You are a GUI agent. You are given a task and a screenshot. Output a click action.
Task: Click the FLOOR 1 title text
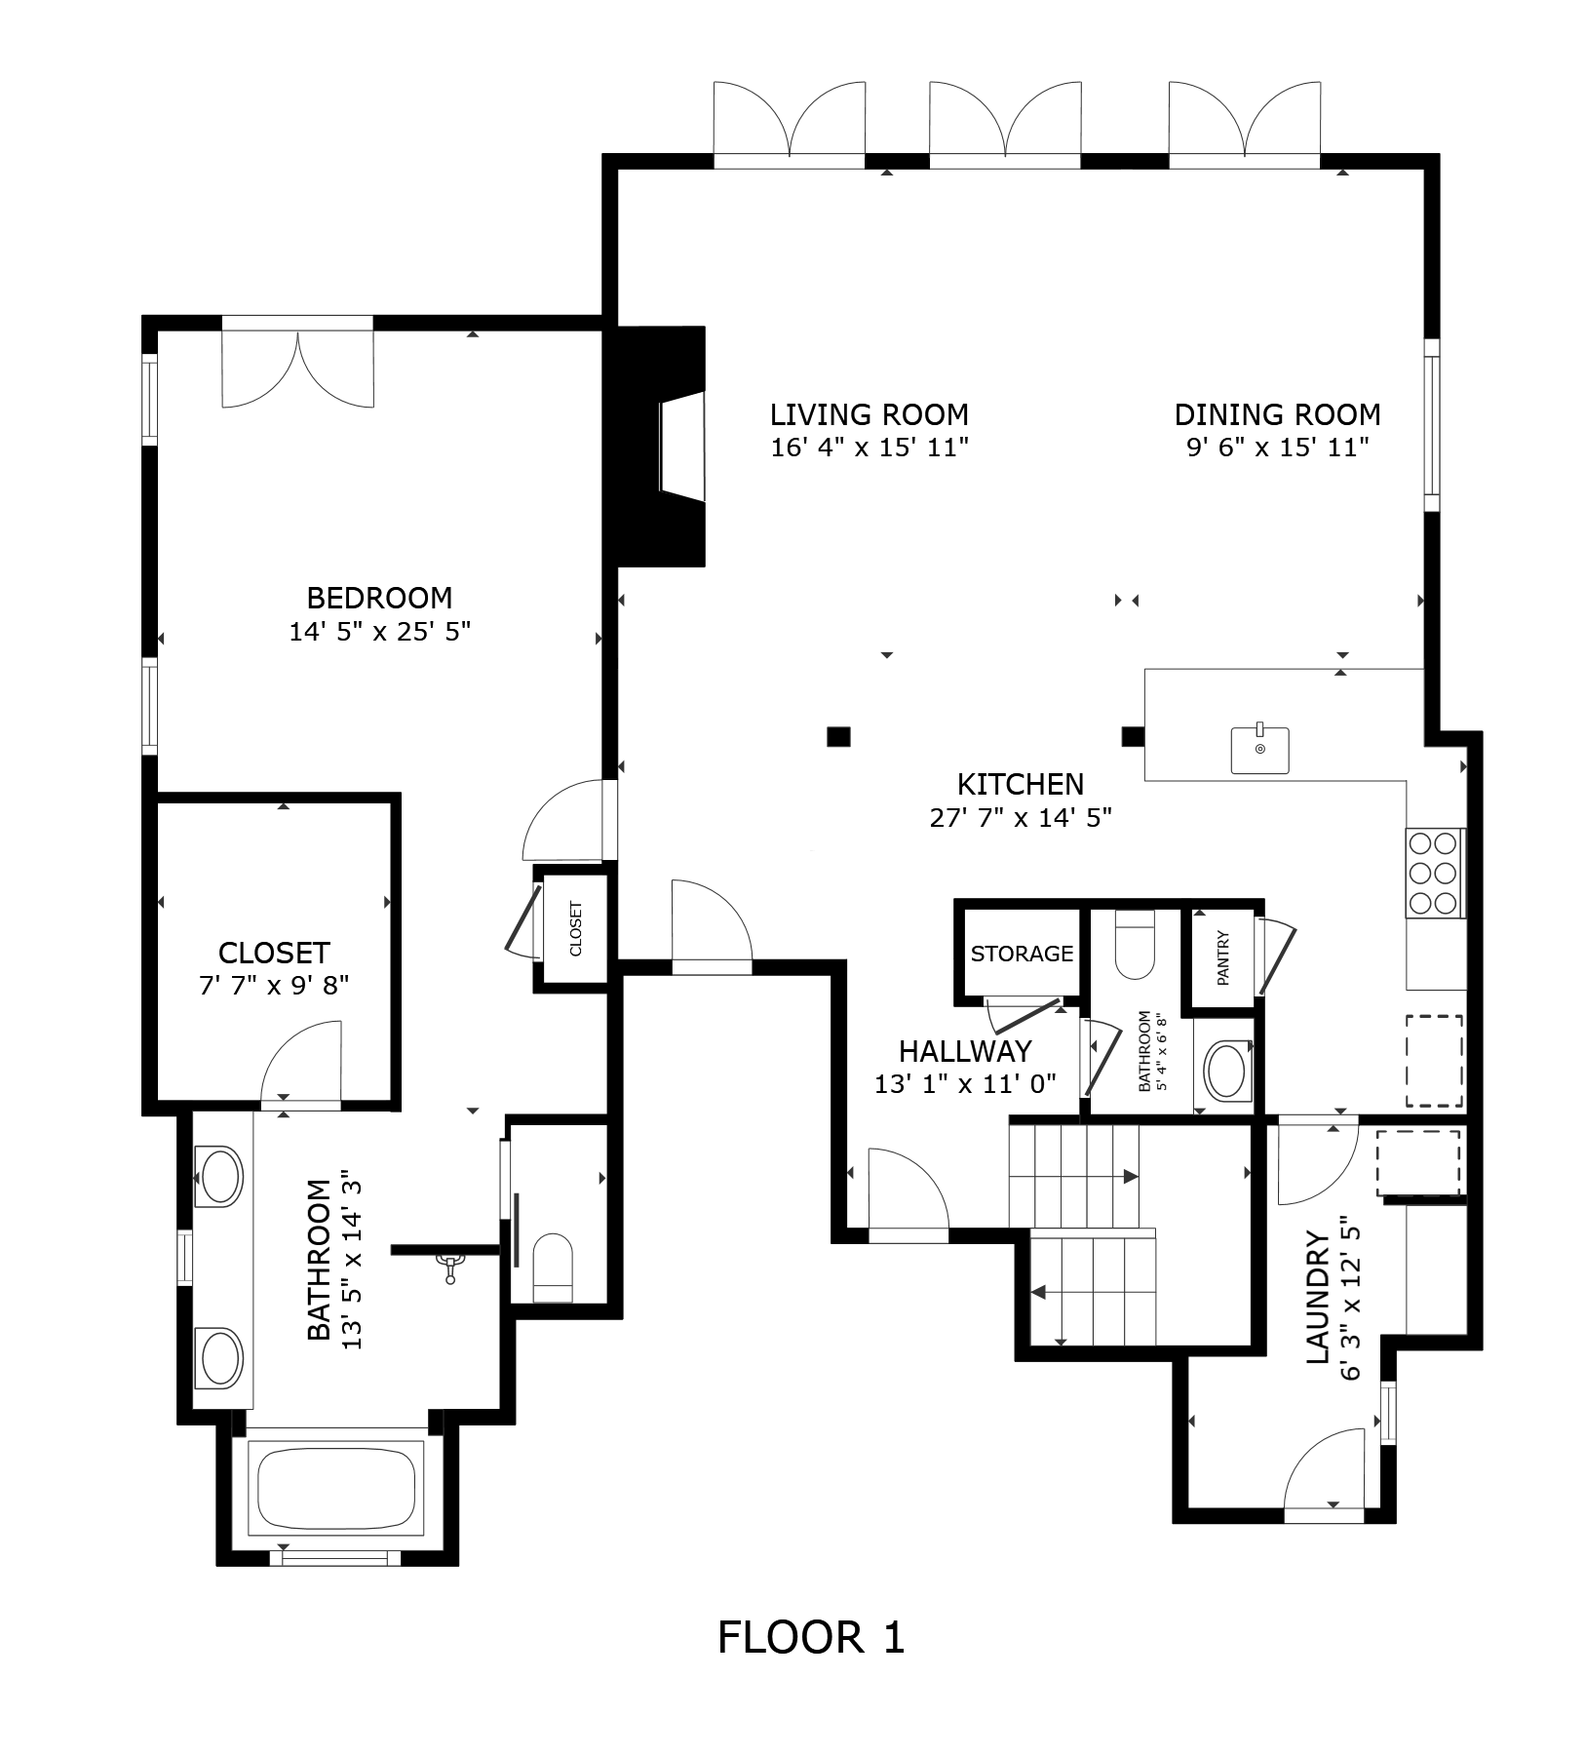811,1637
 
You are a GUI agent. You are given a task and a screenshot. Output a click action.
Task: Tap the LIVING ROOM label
870,414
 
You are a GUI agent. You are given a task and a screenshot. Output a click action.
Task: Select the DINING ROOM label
1277,414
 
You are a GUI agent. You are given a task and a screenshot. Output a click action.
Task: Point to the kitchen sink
1260,749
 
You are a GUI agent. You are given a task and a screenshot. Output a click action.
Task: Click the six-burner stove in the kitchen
1435,873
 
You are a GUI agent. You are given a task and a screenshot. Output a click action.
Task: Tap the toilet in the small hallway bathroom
1134,945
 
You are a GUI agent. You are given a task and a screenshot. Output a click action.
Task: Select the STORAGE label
1022,954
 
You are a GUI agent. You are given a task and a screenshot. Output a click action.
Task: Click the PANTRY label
1223,956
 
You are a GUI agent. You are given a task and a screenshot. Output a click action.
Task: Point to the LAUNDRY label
1317,1297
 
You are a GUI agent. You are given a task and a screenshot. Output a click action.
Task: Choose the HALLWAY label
965,1051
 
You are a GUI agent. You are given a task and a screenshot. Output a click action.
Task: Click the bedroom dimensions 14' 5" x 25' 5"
380,632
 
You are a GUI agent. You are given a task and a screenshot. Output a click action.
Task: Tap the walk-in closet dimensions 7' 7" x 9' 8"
274,986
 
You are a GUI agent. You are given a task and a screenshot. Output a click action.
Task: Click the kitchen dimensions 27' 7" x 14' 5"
1021,817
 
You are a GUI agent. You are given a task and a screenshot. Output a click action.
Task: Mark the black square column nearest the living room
838,736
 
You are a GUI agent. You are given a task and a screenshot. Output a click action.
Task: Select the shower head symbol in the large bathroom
450,1267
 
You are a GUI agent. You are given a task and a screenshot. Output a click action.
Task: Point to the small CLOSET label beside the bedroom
575,928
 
